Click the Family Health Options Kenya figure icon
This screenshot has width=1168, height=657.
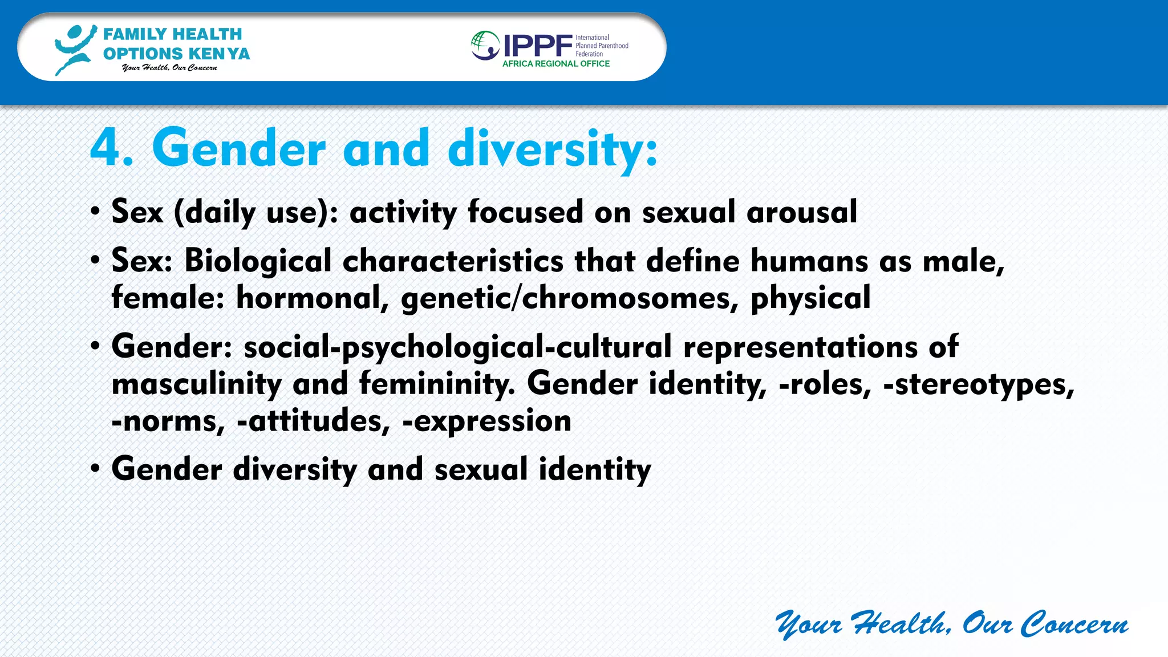74,50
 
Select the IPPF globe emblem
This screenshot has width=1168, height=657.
485,46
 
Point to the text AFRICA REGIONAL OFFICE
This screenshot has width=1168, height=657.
555,64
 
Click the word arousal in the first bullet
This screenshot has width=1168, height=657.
801,212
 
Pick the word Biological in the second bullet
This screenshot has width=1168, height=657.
258,261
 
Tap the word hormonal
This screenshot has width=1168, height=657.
312,298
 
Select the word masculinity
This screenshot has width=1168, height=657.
196,384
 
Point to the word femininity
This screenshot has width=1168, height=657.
436,384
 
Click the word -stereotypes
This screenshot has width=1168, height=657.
978,384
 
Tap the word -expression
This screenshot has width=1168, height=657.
486,421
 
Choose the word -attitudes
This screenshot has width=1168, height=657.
313,421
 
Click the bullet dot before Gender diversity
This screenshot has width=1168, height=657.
95,469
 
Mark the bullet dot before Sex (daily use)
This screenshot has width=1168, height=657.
95,212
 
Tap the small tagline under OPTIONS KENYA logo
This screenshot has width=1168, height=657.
169,68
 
